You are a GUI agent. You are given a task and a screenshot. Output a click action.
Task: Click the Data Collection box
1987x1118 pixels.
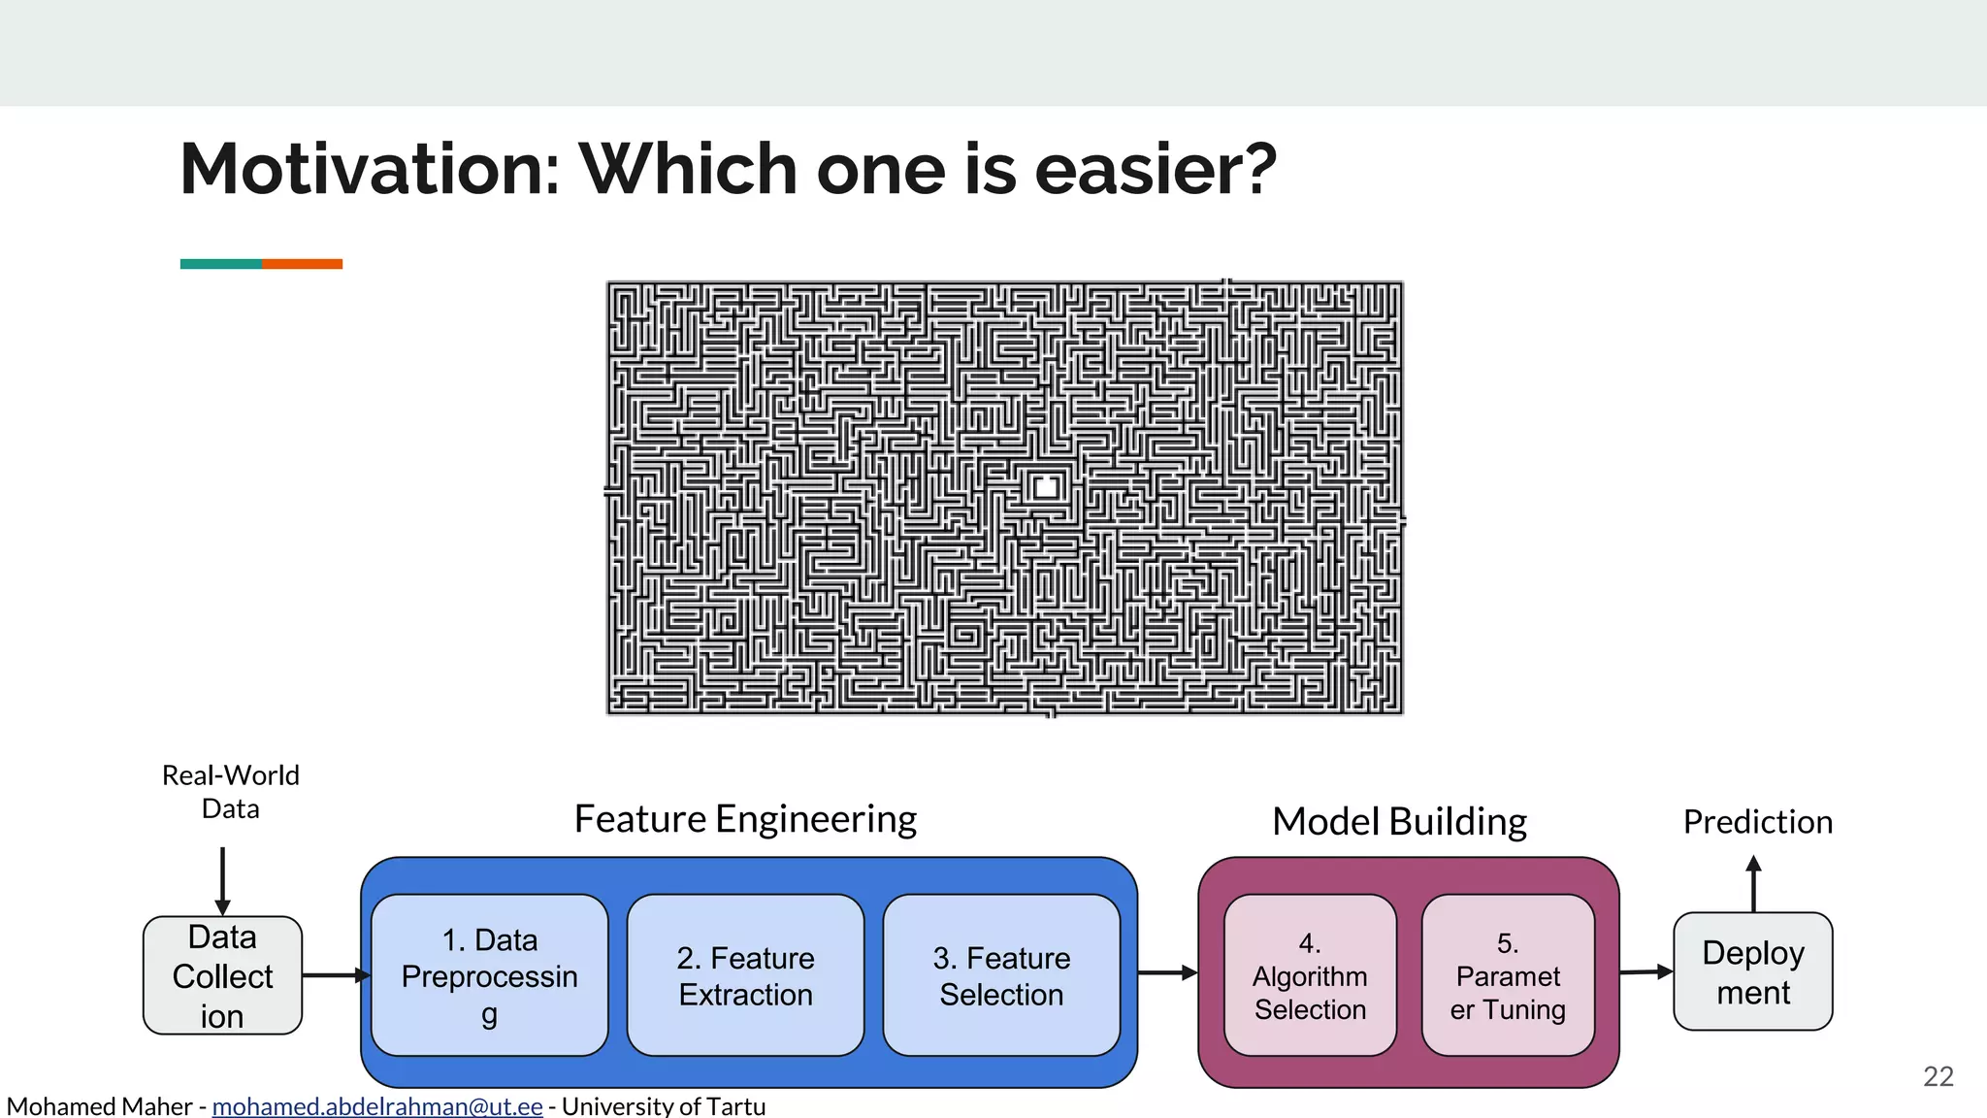click(x=222, y=975)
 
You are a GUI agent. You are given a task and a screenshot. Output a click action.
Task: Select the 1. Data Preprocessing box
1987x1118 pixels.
click(x=489, y=975)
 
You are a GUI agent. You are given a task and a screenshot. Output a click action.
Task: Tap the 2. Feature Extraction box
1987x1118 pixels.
click(x=745, y=975)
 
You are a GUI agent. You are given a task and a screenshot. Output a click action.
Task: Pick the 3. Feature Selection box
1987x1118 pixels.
click(x=1001, y=975)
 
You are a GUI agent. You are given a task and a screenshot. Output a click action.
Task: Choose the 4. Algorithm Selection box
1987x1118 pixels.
click(x=1310, y=975)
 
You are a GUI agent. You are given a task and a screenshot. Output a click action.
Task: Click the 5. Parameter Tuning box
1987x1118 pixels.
click(x=1508, y=975)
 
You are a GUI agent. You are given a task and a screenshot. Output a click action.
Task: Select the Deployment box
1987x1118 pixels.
click(x=1753, y=971)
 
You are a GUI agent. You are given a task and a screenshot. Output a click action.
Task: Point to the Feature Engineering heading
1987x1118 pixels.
click(x=745, y=819)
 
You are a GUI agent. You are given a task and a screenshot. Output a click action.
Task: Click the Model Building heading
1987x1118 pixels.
click(x=1399, y=822)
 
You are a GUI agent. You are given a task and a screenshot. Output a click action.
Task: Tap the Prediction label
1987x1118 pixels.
click(x=1757, y=822)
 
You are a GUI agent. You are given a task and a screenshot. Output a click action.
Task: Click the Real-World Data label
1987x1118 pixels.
click(x=231, y=792)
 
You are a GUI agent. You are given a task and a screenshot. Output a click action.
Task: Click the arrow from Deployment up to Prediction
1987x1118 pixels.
click(x=1753, y=883)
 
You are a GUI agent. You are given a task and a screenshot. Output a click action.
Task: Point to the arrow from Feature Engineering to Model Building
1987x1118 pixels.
click(x=1167, y=971)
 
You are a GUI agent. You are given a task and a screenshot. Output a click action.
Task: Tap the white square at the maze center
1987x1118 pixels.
click(x=1046, y=487)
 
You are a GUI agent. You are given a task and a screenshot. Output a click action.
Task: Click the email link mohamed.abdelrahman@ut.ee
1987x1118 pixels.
click(x=376, y=1106)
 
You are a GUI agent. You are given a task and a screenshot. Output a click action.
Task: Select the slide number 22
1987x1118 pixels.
click(x=1938, y=1076)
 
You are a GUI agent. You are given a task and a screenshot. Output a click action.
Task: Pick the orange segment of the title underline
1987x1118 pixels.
click(x=302, y=264)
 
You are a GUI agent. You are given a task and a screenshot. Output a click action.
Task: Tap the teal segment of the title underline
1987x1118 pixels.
click(x=220, y=264)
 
